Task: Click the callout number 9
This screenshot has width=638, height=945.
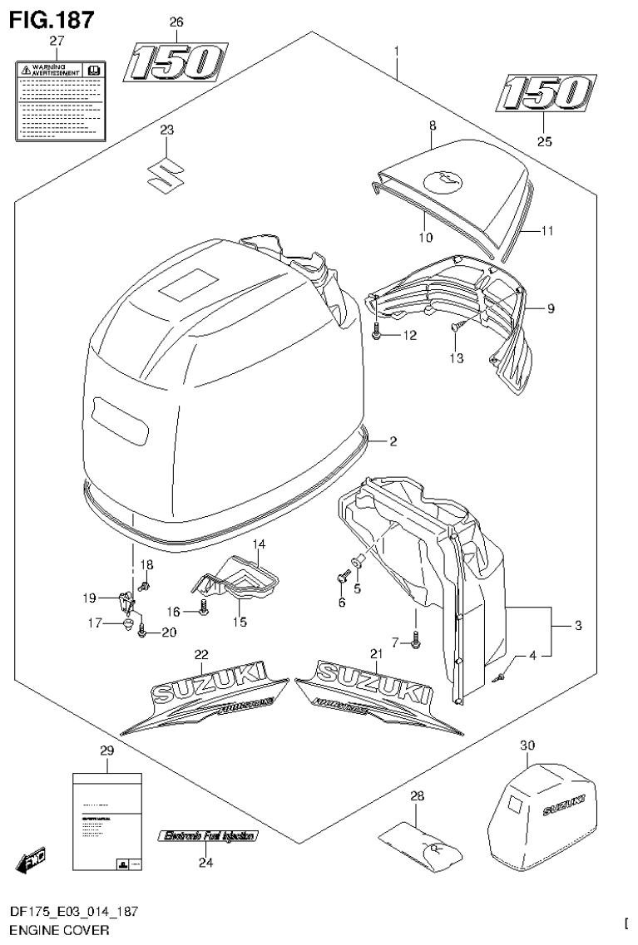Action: pos(550,308)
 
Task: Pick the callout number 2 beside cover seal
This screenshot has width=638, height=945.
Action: pos(393,441)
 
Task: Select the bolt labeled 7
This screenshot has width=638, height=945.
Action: pos(415,638)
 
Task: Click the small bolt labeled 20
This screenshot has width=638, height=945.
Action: pos(143,632)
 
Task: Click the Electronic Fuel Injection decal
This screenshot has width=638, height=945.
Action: pos(210,836)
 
